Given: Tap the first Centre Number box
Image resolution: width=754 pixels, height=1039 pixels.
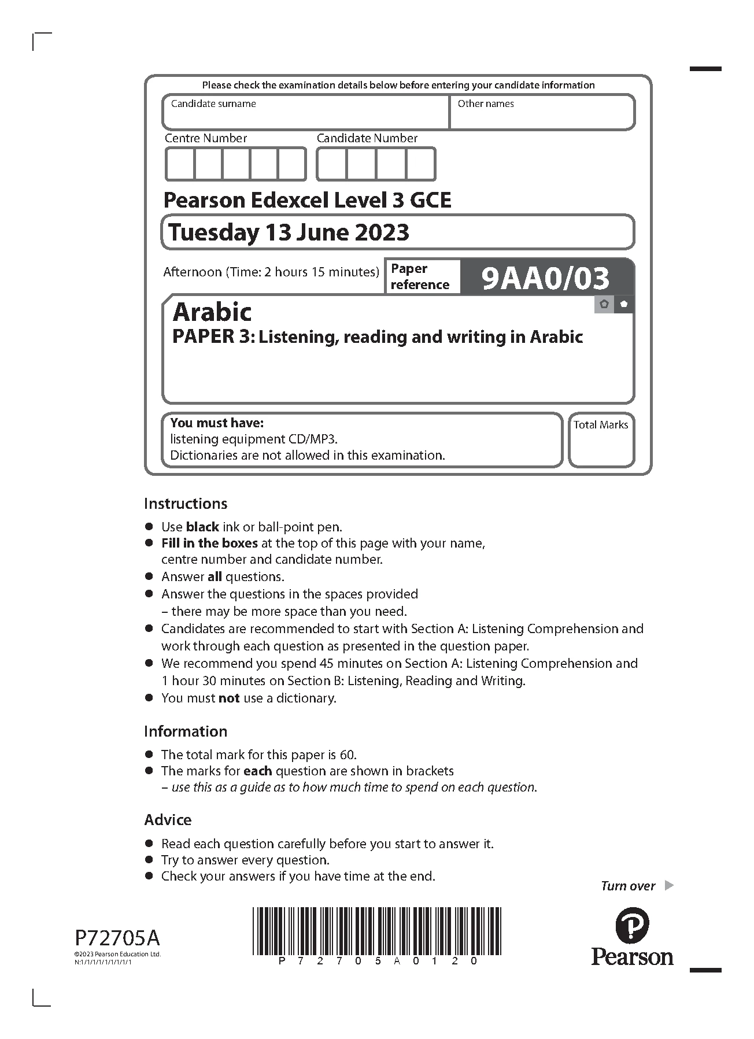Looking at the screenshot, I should tap(180, 164).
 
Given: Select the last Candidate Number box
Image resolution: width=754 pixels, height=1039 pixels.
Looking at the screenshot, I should tap(420, 164).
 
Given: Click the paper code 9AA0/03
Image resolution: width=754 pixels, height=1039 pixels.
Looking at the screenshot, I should tap(545, 278).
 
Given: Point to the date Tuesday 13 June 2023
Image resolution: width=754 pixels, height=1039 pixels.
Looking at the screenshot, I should tap(289, 232).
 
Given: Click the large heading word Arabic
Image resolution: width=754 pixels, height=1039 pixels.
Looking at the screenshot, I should tap(212, 312).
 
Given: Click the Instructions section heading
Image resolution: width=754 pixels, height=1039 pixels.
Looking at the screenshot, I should tap(186, 503).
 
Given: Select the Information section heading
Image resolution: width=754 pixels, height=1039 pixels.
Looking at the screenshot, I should tap(186, 731).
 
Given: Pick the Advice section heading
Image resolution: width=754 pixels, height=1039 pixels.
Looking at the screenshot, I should tap(168, 820).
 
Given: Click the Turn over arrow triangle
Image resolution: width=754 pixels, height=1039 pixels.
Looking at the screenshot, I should tap(669, 885).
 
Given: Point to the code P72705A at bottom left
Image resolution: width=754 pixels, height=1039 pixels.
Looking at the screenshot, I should tap(117, 937).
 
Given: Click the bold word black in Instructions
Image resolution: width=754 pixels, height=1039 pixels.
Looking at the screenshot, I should tap(202, 527).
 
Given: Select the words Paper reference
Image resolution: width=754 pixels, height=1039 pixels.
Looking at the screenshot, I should tap(420, 276).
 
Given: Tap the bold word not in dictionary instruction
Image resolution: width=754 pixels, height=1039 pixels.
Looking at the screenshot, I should tap(229, 698).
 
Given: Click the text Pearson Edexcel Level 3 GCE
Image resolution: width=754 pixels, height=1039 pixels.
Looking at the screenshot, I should tap(307, 200).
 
